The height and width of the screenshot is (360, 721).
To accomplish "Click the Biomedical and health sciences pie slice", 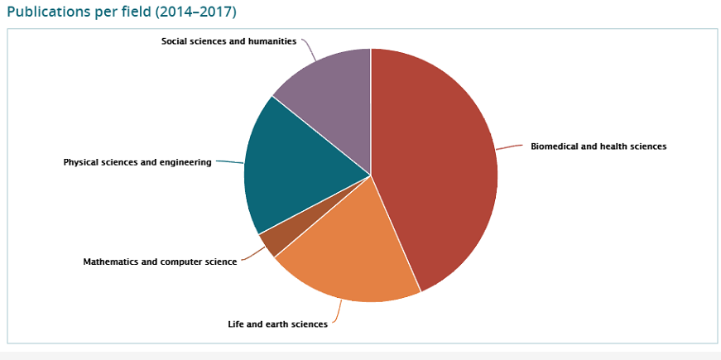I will (439, 166).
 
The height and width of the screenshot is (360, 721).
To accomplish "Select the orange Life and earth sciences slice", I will (348, 248).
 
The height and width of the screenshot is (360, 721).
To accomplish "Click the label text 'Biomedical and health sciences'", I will (598, 146).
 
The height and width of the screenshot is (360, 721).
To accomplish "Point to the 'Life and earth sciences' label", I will (277, 324).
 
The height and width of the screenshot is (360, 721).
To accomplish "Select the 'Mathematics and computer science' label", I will (160, 262).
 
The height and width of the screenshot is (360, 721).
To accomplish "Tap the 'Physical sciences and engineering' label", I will (137, 162).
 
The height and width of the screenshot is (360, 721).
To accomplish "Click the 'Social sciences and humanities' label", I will (228, 41).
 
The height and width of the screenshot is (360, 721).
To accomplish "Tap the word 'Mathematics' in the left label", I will (112, 262).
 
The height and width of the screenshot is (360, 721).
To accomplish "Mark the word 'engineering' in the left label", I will (185, 162).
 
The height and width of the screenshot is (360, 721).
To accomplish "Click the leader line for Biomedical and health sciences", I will (511, 146).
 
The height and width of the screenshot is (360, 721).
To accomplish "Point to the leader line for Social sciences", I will (310, 49).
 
